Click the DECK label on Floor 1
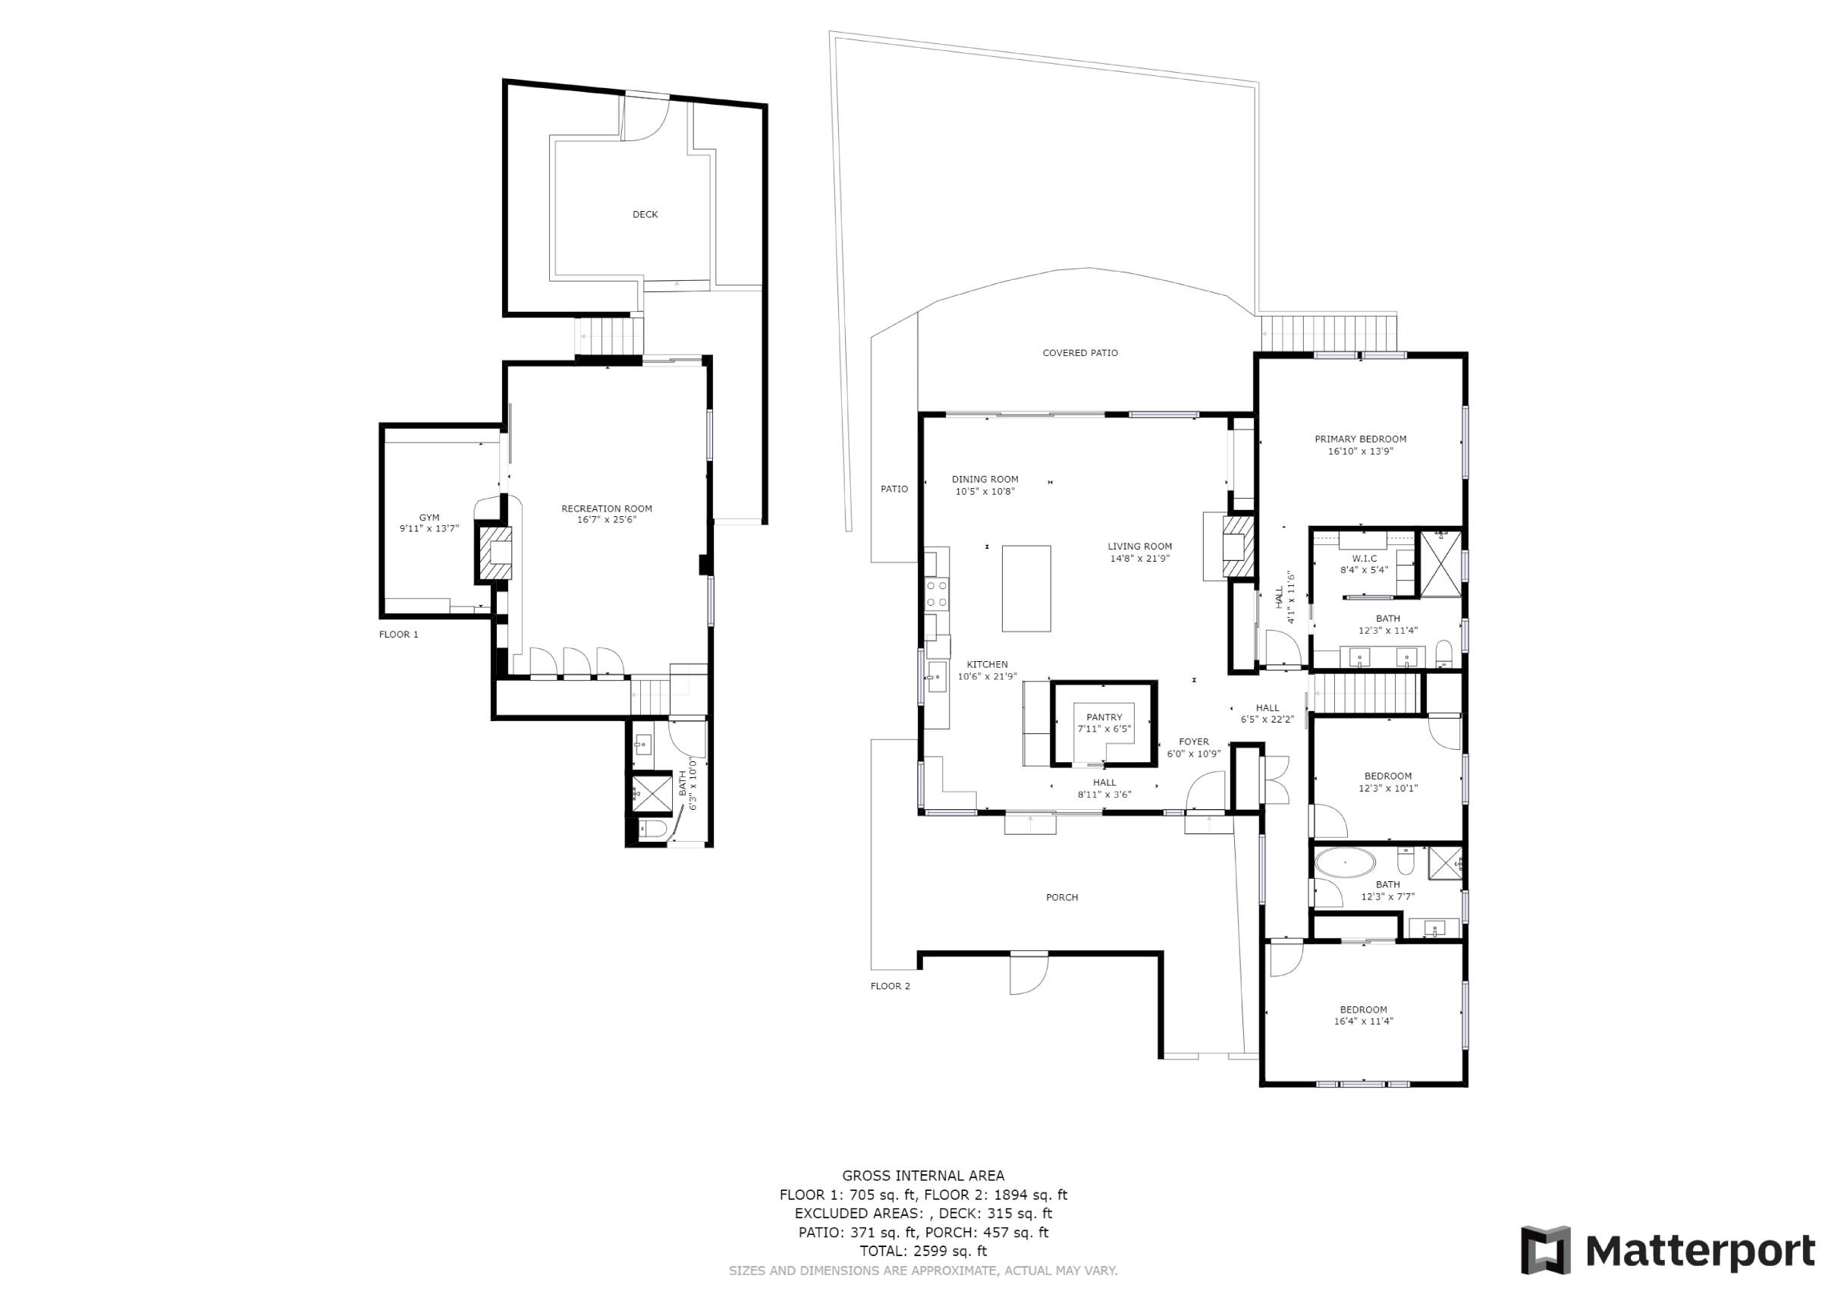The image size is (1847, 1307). coord(646,214)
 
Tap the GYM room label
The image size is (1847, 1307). coord(429,518)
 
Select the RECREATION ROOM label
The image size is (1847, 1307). coord(607,509)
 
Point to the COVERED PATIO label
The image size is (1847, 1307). coord(1080,352)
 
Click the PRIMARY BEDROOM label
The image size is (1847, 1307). coord(1360,439)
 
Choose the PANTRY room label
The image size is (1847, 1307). coord(1104,717)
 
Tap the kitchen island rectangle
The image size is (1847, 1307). coord(1026,588)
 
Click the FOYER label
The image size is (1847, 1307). coord(1194,742)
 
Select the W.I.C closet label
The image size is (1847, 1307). coord(1365,559)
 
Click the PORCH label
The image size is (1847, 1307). coord(1062,897)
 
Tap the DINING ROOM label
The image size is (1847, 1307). coord(985,480)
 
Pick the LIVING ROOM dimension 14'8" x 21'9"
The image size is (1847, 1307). coord(1140,558)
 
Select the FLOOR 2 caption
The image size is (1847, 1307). coord(890,986)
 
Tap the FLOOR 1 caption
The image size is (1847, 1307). coord(398,635)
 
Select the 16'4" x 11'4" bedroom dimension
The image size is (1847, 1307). coord(1364,1022)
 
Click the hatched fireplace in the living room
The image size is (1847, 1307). coord(1238,547)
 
